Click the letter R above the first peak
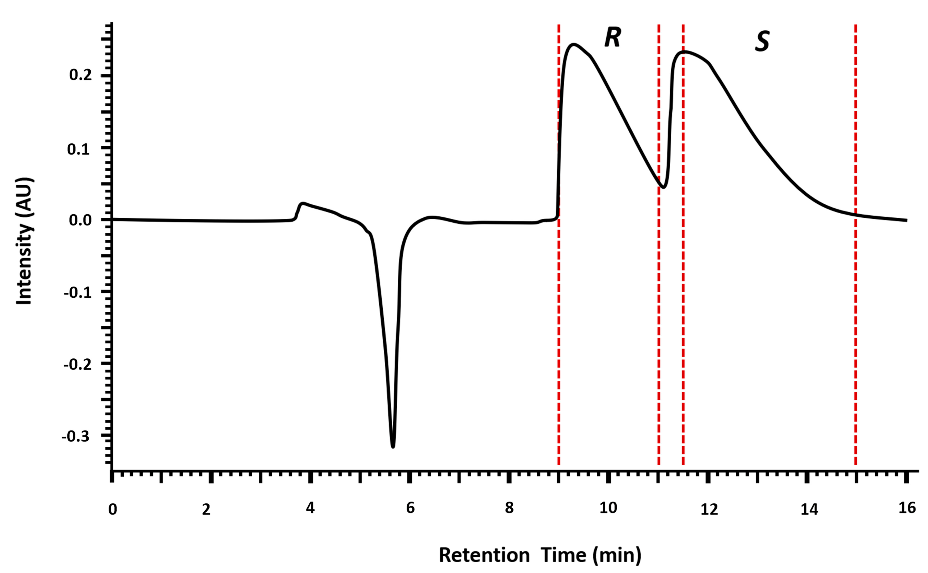point(612,38)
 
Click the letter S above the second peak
point(762,41)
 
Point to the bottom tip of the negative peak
point(393,447)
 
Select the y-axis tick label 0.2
point(80,75)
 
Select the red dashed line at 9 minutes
point(559,303)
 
